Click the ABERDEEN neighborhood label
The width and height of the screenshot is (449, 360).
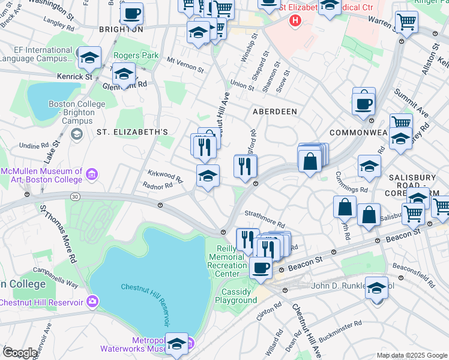(274, 112)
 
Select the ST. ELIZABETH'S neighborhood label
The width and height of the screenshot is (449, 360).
(131, 131)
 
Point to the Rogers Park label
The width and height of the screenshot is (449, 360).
(136, 55)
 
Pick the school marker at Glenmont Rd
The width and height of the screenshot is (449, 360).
(124, 75)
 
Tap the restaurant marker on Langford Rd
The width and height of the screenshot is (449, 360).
(245, 166)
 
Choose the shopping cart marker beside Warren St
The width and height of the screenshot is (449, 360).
(407, 22)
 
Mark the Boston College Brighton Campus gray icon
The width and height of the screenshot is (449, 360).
(77, 133)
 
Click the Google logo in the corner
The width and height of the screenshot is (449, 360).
(20, 353)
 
